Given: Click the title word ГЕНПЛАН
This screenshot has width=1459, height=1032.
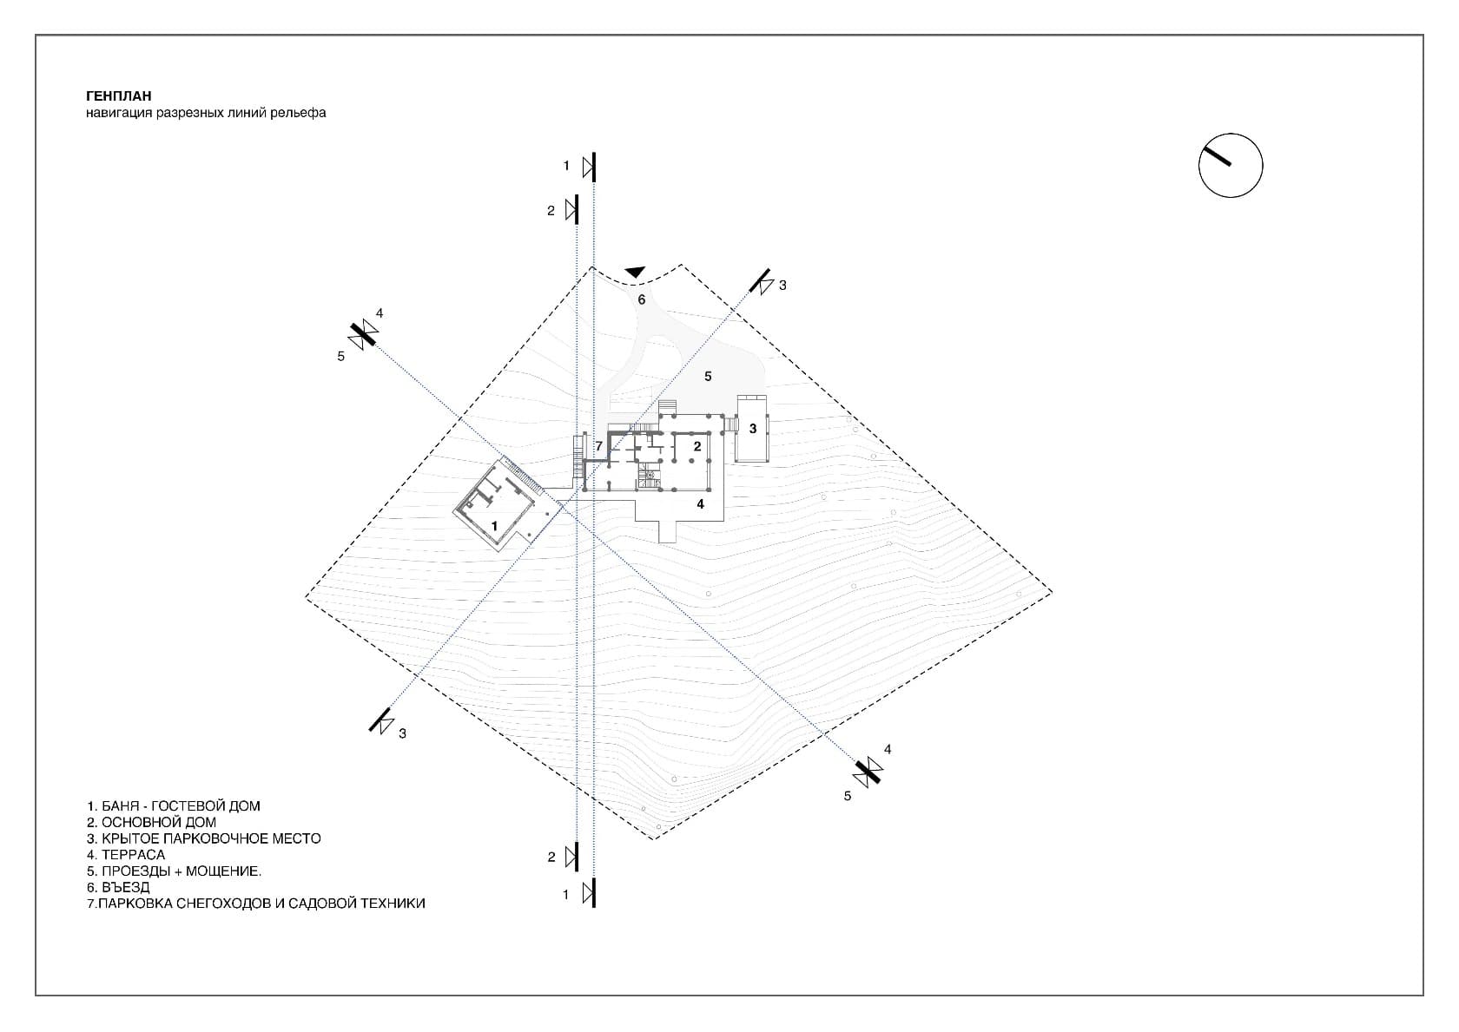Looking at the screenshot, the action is pyautogui.click(x=119, y=96).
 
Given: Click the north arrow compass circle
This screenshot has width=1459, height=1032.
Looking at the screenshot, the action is pyautogui.click(x=1230, y=166).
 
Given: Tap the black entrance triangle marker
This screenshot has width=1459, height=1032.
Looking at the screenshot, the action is pyautogui.click(x=636, y=273).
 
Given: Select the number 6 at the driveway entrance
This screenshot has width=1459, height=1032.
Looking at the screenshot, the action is pyautogui.click(x=642, y=299).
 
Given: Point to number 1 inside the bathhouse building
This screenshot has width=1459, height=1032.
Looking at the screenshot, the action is pyautogui.click(x=494, y=526).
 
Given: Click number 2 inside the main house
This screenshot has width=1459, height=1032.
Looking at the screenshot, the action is pyautogui.click(x=697, y=446).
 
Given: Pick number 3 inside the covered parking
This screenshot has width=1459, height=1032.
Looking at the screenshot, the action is pyautogui.click(x=753, y=429).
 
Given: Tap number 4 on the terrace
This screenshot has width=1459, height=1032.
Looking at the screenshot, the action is pyautogui.click(x=701, y=504).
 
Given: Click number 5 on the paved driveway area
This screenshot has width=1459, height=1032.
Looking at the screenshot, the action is pyautogui.click(x=708, y=376).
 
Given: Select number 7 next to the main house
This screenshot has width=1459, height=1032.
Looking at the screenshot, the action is pyautogui.click(x=598, y=446).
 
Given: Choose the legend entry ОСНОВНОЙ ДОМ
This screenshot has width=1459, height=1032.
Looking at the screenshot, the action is pyautogui.click(x=152, y=822).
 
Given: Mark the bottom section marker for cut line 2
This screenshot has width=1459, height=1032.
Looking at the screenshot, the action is pyautogui.click(x=573, y=857).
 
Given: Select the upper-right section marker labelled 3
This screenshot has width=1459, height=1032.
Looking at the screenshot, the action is pyautogui.click(x=763, y=282).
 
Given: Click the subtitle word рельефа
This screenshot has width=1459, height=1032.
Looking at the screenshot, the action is pyautogui.click(x=302, y=113).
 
